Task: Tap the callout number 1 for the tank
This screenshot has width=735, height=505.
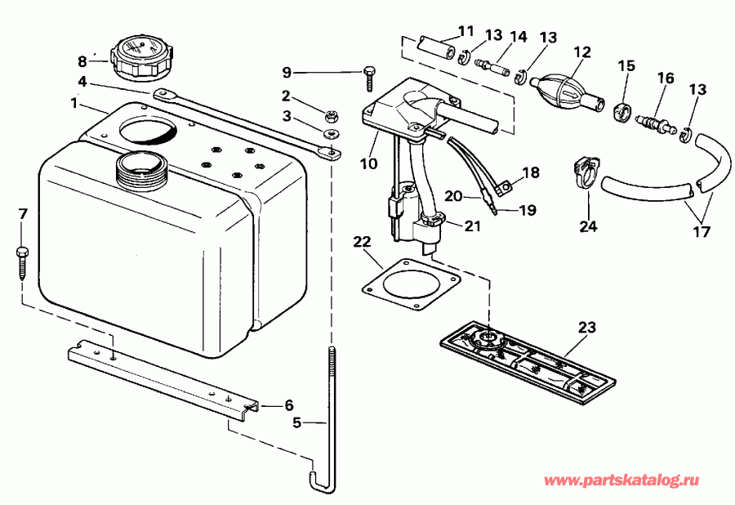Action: (73, 104)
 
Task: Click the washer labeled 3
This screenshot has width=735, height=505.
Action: (331, 133)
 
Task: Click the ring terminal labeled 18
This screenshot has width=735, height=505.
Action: (506, 189)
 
